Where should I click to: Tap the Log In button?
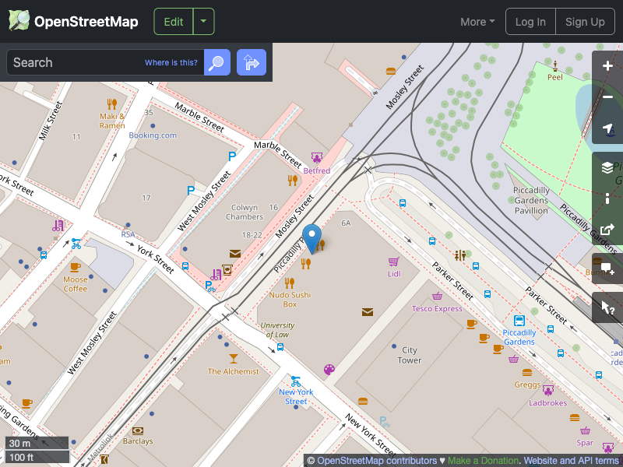pos(530,22)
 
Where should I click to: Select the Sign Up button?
pos(585,22)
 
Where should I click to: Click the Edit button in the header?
pos(174,22)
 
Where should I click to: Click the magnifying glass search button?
pos(217,62)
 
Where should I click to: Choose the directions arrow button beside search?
pos(252,62)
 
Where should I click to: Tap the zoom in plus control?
pos(607,66)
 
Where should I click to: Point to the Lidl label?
pos(394,273)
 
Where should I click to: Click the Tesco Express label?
pos(437,308)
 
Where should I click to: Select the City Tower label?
pos(410,355)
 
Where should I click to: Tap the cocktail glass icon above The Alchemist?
pos(233,358)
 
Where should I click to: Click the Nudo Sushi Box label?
pos(289,300)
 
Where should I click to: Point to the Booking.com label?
pos(153,135)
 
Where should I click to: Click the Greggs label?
pos(527,384)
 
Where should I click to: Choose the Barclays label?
pos(138,441)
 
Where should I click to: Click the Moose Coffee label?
pos(76,284)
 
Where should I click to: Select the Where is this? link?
pos(171,62)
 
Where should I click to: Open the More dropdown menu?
pos(477,22)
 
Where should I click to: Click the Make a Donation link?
pos(484,461)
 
